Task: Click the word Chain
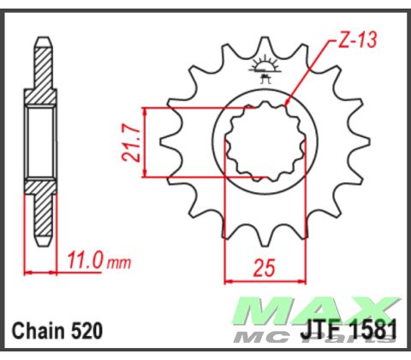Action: click(x=39, y=330)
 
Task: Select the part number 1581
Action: click(x=365, y=330)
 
